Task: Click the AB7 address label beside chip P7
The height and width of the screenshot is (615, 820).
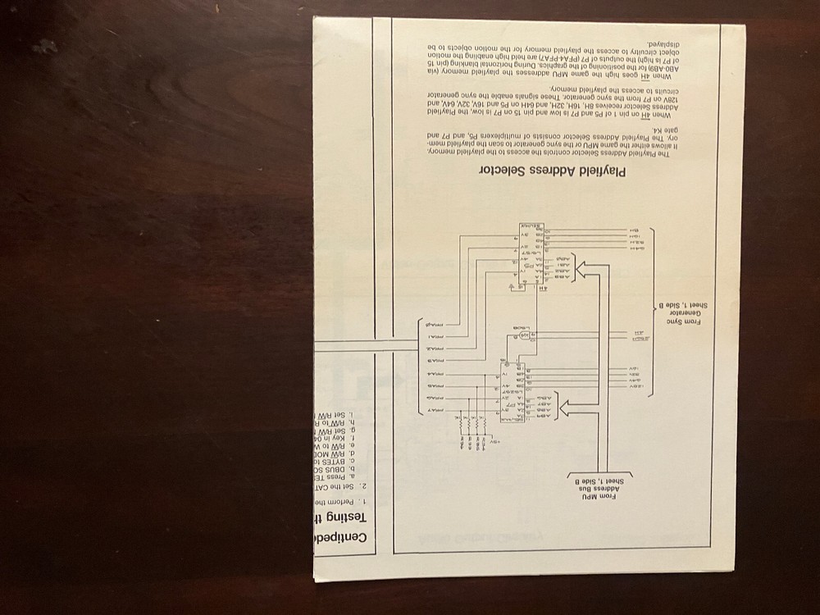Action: [x=542, y=416]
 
